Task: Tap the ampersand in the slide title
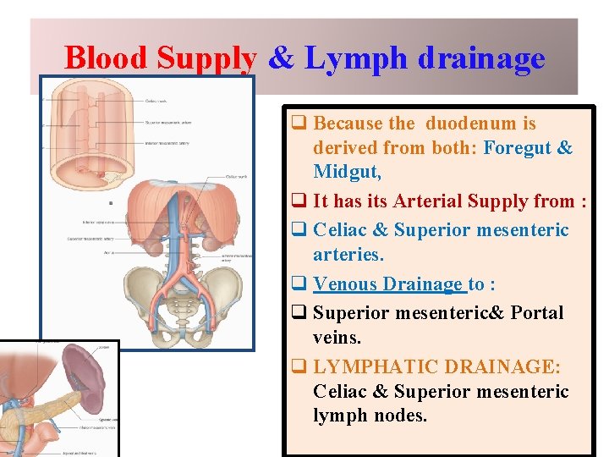282,59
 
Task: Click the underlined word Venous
345,284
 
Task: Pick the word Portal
535,312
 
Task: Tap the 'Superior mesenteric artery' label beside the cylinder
169,122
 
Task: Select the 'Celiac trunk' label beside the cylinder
156,102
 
